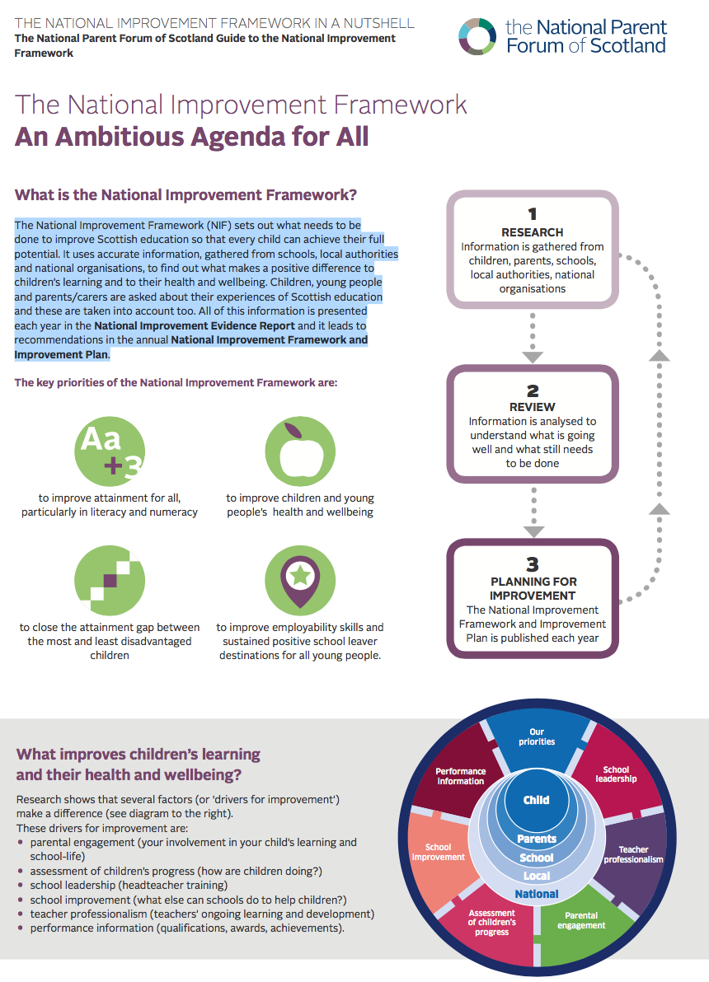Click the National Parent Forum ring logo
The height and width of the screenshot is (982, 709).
tap(477, 36)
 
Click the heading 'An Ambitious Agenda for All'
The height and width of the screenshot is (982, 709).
tap(192, 137)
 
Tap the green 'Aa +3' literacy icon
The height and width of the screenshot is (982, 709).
tap(110, 451)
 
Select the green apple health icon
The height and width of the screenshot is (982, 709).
tap(300, 451)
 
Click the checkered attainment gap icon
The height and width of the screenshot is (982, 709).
tap(110, 581)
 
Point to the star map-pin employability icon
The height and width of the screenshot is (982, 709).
tap(300, 581)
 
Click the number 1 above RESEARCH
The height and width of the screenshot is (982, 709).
tap(533, 214)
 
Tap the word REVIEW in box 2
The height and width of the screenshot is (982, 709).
tap(533, 407)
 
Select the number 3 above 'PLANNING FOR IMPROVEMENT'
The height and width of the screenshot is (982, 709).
tap(533, 564)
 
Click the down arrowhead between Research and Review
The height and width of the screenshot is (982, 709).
tap(533, 358)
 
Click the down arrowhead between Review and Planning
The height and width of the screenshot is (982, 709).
tap(533, 531)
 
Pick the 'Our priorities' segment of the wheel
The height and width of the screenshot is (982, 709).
tap(536, 739)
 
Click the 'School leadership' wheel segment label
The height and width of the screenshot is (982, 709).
tap(616, 774)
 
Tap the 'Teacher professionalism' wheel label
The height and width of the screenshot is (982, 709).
tap(633, 854)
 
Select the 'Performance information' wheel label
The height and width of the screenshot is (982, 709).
tap(461, 776)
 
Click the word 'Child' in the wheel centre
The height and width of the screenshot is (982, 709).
tap(536, 800)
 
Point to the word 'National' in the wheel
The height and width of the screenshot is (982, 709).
tap(537, 894)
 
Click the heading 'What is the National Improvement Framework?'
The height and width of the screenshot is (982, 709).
tap(185, 194)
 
